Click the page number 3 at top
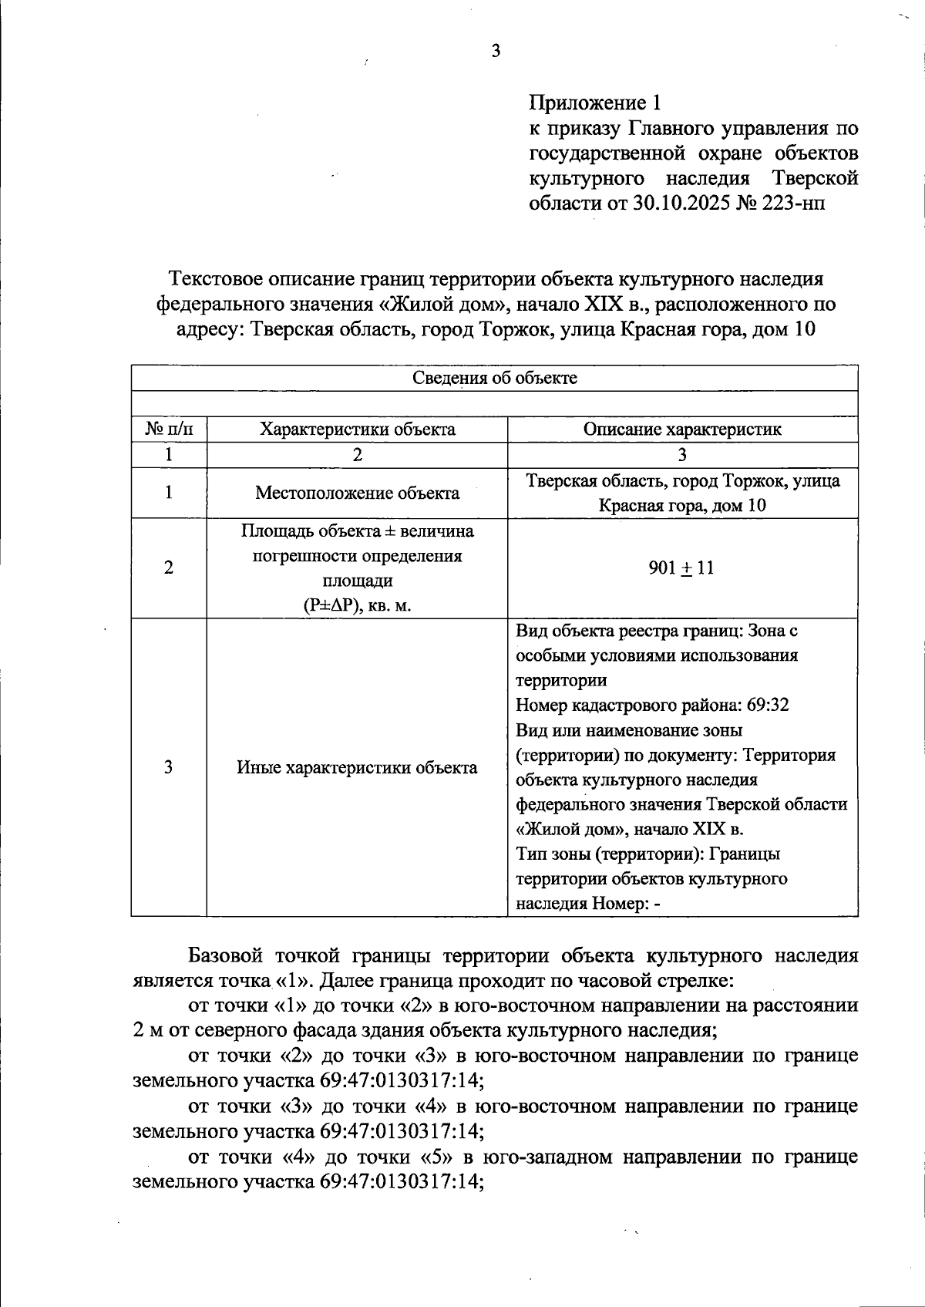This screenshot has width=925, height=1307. point(496,51)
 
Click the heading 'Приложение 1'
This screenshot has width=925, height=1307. point(594,102)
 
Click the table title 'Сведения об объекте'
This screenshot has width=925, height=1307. point(494,378)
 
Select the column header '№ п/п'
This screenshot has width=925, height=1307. point(168,429)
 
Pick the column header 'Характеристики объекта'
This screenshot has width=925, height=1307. point(357,429)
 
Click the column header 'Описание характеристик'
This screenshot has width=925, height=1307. point(682,429)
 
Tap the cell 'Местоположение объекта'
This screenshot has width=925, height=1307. point(357,493)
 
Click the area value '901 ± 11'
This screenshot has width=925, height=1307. point(682,568)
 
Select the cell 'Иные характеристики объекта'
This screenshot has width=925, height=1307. point(357,767)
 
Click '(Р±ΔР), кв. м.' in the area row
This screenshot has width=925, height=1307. point(357,605)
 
